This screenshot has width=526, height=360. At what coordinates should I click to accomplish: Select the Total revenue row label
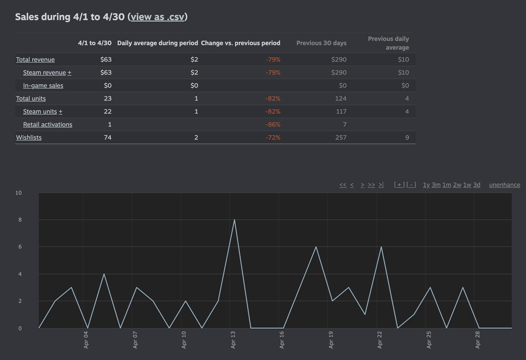click(x=36, y=60)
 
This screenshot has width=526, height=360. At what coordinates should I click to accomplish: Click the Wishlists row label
click(x=29, y=138)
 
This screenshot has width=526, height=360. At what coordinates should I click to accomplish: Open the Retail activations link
click(x=48, y=124)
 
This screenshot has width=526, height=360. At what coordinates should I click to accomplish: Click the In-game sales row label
click(x=43, y=85)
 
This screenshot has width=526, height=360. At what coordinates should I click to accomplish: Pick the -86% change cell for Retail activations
click(x=273, y=124)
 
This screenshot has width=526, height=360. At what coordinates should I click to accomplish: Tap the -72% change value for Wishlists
click(x=273, y=138)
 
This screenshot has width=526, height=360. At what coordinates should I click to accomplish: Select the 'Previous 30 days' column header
click(x=321, y=43)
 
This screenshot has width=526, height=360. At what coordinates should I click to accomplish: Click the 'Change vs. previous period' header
click(x=241, y=43)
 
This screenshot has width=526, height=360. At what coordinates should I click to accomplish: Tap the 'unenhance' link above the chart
click(x=505, y=185)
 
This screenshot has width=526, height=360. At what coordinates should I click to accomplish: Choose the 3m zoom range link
click(x=436, y=185)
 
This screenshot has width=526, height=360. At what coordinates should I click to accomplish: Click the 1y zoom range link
click(x=426, y=185)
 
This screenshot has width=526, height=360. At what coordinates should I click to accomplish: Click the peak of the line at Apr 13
click(x=235, y=220)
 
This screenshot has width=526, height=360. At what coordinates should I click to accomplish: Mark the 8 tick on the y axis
click(x=19, y=220)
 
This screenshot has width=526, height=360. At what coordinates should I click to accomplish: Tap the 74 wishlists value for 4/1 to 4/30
click(x=107, y=138)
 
